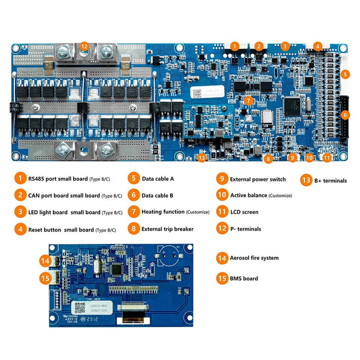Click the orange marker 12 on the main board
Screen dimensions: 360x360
(x=84, y=46)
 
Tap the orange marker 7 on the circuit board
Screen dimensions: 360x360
(x=248, y=100)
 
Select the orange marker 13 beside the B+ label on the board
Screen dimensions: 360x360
(x=202, y=158)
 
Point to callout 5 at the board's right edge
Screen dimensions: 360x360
(x=345, y=74)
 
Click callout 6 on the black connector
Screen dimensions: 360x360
(x=345, y=115)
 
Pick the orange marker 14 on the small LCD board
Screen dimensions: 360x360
(x=45, y=260)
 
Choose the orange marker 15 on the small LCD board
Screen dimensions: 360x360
(x=45, y=278)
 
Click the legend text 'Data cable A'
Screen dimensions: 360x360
(x=157, y=178)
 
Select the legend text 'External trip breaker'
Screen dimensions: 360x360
(x=167, y=229)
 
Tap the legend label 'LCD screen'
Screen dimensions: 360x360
(x=244, y=212)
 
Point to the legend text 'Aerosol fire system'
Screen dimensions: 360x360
(x=254, y=258)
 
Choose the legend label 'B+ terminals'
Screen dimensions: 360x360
(x=330, y=181)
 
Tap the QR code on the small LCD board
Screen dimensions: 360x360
(x=79, y=307)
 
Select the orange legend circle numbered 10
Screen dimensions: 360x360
(x=222, y=195)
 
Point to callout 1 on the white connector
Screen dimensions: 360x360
(x=234, y=46)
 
